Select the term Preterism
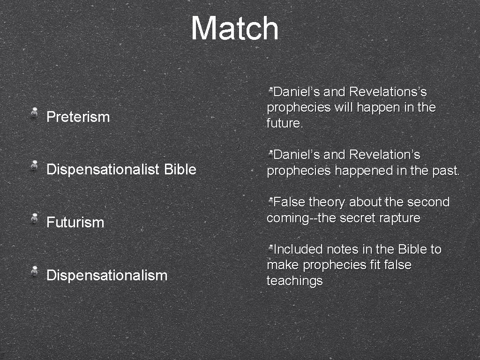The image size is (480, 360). [78, 117]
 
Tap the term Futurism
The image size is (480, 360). [75, 222]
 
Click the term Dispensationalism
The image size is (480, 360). [107, 275]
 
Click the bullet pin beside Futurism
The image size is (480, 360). [35, 218]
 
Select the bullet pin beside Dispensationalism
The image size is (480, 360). [35, 271]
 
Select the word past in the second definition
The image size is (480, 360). [445, 171]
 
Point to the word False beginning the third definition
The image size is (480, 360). [289, 202]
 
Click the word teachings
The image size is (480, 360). [294, 281]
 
